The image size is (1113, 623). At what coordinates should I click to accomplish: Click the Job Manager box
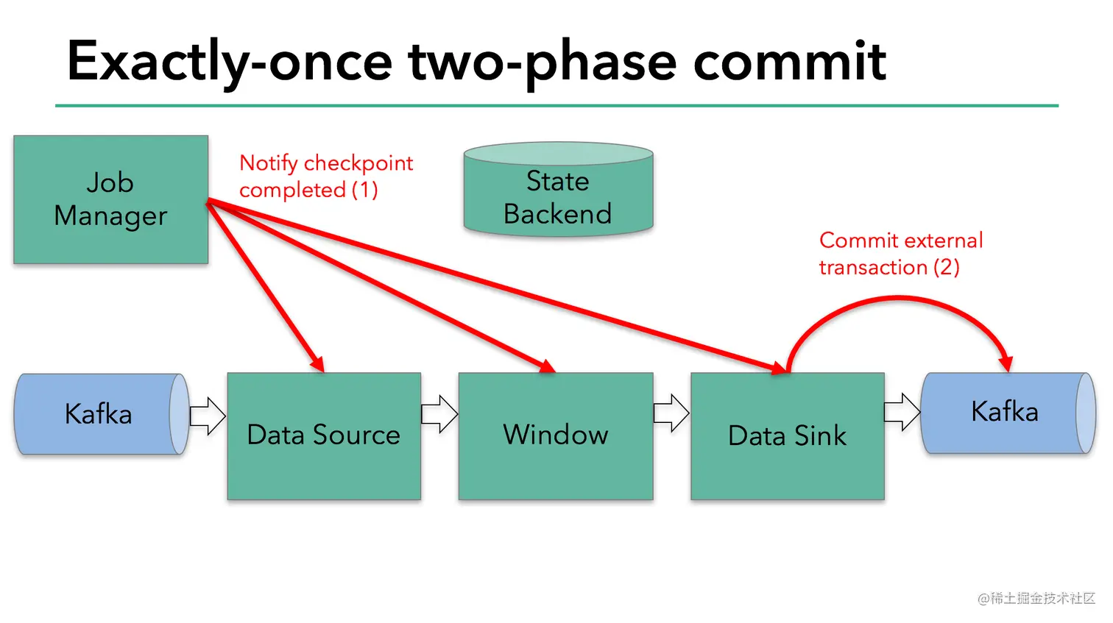tap(110, 199)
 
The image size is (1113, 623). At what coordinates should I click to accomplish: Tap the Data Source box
tap(324, 435)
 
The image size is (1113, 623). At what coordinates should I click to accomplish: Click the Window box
tap(556, 435)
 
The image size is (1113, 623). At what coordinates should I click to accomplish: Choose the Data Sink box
tap(787, 435)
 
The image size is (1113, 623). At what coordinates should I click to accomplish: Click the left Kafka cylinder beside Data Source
tap(99, 414)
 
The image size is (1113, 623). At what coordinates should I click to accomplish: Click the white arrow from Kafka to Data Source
tap(208, 416)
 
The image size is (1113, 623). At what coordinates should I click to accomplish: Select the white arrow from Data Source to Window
tap(439, 414)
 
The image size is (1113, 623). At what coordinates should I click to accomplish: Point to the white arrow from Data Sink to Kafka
tap(902, 412)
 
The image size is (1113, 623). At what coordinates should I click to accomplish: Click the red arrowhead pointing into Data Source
tap(318, 364)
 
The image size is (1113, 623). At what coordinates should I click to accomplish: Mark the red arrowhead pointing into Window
tap(546, 366)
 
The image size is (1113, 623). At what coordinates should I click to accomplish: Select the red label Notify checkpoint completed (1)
tap(325, 177)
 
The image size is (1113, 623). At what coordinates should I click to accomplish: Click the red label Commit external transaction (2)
tap(900, 254)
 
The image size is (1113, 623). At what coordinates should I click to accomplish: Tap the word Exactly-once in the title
tap(229, 62)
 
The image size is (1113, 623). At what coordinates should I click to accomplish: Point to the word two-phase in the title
tap(542, 62)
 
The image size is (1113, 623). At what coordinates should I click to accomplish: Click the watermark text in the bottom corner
tap(1036, 599)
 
